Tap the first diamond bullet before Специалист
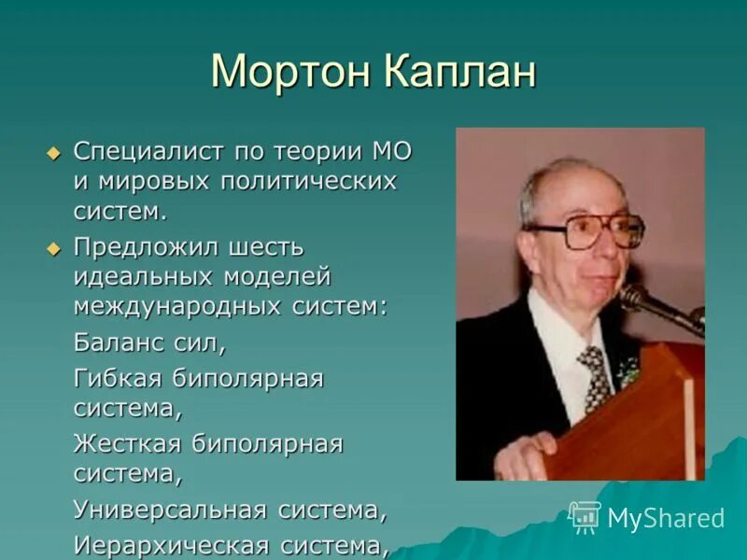coord(53,151)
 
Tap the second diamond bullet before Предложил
coord(53,248)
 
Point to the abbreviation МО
coord(391,151)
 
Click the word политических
coord(308,180)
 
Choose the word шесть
coord(265,248)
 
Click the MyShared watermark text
coord(665,518)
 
